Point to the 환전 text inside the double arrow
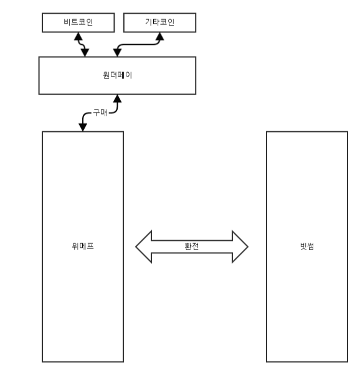(191, 246)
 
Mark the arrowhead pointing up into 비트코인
(78, 36)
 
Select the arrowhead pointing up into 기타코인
(159, 36)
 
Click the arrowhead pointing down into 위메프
(82, 128)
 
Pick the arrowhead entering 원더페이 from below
(116, 98)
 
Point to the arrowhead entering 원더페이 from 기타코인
(116, 53)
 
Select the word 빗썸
(306, 246)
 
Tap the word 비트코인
(79, 23)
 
